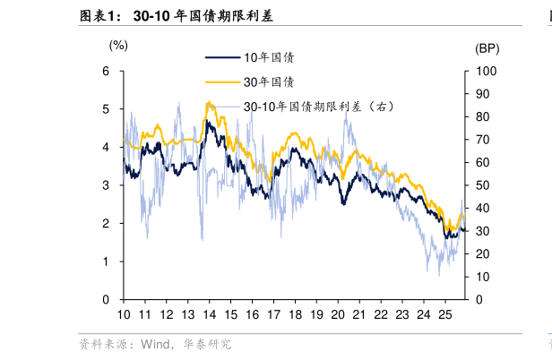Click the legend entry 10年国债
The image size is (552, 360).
click(269, 57)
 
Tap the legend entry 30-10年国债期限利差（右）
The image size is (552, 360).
click(318, 107)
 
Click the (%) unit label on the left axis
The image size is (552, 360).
click(118, 44)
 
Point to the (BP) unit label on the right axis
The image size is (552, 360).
click(487, 48)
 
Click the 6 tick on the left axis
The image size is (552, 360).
click(107, 71)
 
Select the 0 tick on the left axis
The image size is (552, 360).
click(107, 299)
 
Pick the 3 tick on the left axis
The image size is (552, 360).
click(107, 185)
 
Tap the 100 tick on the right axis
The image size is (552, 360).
click(484, 71)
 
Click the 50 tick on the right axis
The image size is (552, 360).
click(481, 185)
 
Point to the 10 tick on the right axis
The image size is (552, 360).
click(481, 277)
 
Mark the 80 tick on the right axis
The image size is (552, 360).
click(481, 116)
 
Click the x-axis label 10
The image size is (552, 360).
click(124, 315)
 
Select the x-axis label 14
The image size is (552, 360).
click(210, 315)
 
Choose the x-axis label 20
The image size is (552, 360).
click(338, 315)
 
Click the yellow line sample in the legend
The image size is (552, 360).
click(223, 82)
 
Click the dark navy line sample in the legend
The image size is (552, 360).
click(223, 57)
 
